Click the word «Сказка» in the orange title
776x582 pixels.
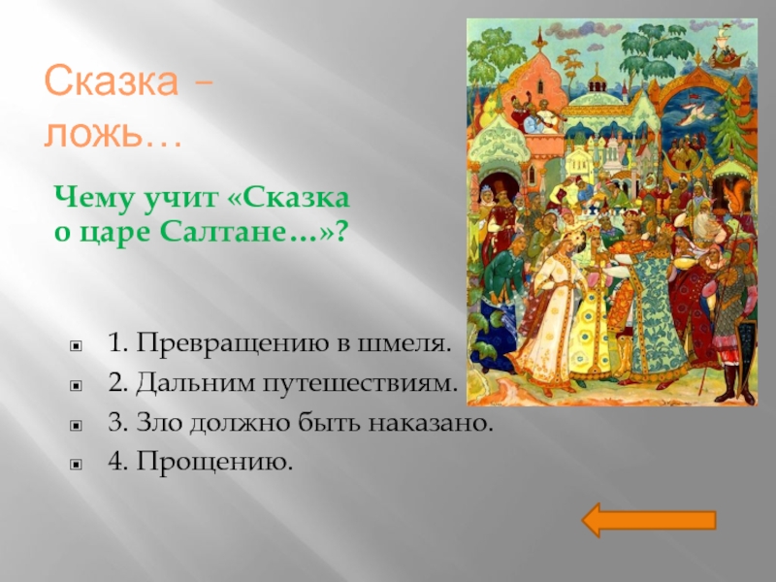112,81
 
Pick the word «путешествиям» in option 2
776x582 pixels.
359,384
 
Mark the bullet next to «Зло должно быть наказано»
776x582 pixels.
76,425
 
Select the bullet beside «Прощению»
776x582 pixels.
76,465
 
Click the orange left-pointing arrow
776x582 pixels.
649,520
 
